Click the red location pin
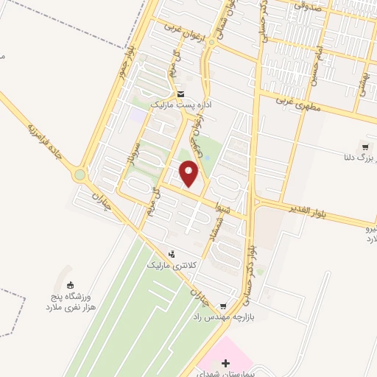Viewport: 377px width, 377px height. [x=189, y=173]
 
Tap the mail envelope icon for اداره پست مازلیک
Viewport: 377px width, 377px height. [x=180, y=94]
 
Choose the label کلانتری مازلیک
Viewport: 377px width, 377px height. [x=172, y=264]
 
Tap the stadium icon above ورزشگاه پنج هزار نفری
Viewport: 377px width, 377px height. [x=71, y=285]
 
